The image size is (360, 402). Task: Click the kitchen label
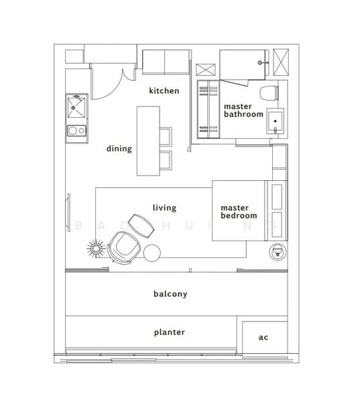(x=164, y=90)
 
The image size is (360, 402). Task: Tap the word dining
(x=119, y=149)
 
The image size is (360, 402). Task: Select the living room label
(x=164, y=208)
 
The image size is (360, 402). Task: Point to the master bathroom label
(x=243, y=111)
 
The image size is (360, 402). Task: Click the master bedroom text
(x=239, y=212)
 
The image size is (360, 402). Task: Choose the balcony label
(x=170, y=294)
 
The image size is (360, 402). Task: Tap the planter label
(x=170, y=332)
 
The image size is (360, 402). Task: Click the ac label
(x=263, y=338)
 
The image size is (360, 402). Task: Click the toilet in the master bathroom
(x=269, y=93)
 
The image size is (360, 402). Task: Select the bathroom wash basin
(x=276, y=121)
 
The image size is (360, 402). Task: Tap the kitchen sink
(x=76, y=107)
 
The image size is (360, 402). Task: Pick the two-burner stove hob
(x=76, y=131)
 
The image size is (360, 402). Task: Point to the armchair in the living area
(x=124, y=247)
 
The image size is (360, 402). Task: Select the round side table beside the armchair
(x=152, y=253)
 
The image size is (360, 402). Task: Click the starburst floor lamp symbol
(x=96, y=249)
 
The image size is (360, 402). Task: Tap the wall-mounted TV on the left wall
(x=69, y=212)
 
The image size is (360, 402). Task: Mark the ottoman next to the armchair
(x=141, y=226)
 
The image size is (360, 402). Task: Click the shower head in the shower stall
(x=260, y=62)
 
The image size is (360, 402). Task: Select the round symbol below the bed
(x=278, y=251)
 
